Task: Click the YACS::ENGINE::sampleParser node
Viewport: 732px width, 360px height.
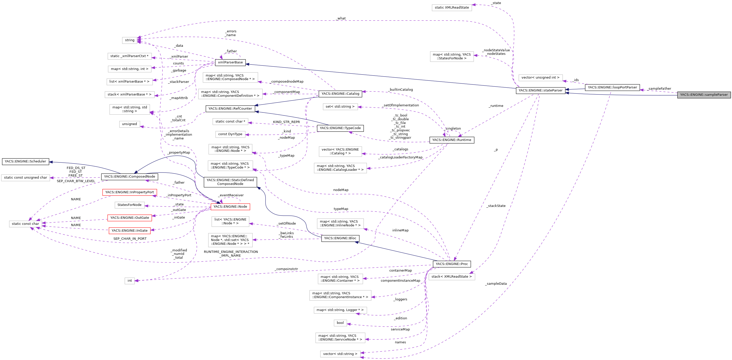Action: (x=704, y=95)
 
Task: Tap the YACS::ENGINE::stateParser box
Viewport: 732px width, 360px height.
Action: (x=540, y=91)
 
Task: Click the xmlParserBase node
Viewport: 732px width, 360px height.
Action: (x=230, y=62)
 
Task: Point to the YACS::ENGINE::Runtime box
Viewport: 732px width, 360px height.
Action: (x=452, y=140)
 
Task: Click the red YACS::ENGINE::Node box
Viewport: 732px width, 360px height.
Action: (x=230, y=207)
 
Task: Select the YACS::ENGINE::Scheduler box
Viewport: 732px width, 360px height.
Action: (x=25, y=162)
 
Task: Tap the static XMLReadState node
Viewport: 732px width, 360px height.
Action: (x=452, y=8)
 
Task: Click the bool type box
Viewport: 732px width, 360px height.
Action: (x=340, y=323)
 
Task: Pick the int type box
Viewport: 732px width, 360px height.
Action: (x=130, y=281)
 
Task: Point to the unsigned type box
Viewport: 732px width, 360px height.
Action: (x=129, y=124)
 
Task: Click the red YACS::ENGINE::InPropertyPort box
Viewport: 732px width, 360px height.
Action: (x=129, y=192)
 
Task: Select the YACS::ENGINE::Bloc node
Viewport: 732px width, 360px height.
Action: (x=340, y=238)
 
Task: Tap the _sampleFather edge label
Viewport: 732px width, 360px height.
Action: (x=659, y=89)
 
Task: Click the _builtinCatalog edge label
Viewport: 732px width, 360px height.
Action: (x=401, y=90)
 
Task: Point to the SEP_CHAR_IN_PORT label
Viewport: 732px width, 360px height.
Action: (x=130, y=239)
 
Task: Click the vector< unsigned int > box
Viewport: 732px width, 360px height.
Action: (x=540, y=78)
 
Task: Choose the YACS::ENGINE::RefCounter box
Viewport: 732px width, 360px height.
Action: (x=230, y=109)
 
